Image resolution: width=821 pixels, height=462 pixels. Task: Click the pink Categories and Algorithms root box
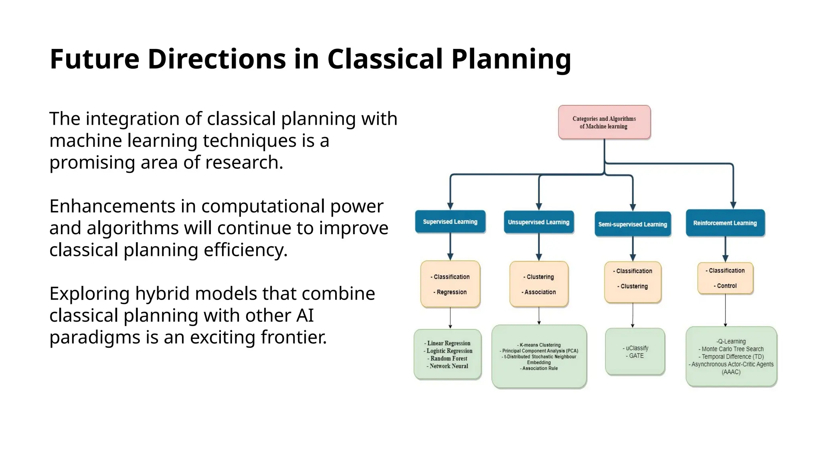point(604,122)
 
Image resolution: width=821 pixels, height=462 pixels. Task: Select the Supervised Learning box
point(450,222)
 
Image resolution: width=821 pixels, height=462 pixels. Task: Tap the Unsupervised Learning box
point(538,222)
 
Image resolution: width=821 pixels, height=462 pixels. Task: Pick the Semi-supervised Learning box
point(632,224)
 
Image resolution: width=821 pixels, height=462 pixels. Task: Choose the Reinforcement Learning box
point(725,223)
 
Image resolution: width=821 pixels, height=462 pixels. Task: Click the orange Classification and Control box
point(725,278)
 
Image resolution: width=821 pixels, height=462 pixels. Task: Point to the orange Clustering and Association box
point(539,284)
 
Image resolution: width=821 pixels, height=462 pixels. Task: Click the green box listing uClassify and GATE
point(635,352)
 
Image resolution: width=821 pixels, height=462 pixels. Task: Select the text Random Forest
point(449,359)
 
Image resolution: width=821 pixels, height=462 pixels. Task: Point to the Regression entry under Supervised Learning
point(451,292)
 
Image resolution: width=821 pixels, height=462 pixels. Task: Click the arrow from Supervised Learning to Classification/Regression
point(450,247)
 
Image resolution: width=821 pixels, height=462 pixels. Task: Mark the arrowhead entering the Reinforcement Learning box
point(733,205)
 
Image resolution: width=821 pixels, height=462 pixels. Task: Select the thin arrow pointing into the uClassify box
point(633,317)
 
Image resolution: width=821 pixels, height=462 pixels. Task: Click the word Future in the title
point(94,59)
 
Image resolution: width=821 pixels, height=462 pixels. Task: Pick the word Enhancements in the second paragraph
point(112,206)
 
